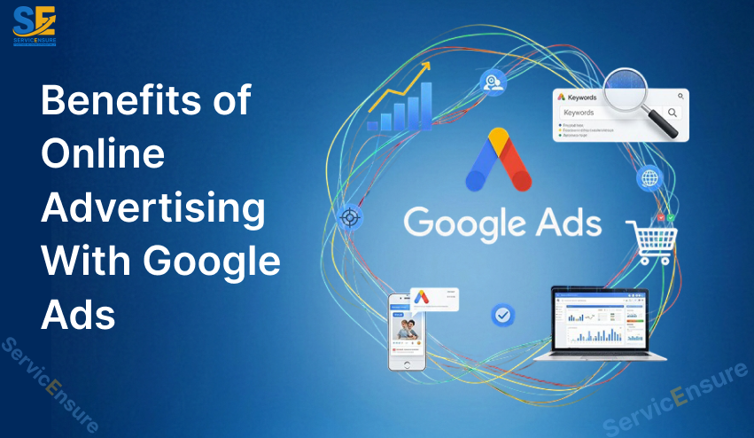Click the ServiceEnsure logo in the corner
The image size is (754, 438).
[x=35, y=25]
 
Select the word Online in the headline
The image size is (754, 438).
[x=104, y=156]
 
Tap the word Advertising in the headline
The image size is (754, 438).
[x=153, y=209]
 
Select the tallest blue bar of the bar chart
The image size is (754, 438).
[x=426, y=106]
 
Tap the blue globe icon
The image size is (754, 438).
[x=649, y=178]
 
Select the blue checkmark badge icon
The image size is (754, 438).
[x=502, y=315]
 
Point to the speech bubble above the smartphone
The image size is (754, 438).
[x=436, y=301]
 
